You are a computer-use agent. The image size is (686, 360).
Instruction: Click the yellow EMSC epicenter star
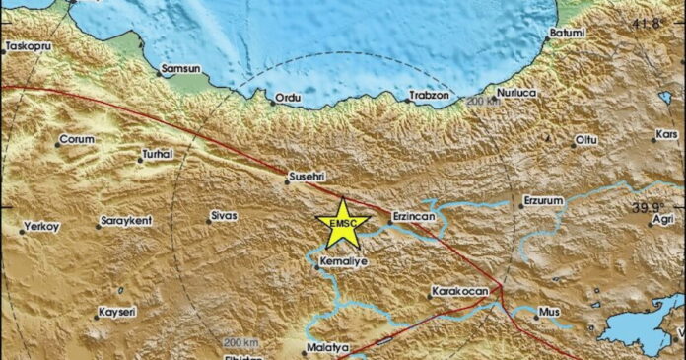coord(342,224)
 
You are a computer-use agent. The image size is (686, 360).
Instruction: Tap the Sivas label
coord(224,215)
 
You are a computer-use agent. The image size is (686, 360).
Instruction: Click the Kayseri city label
coord(116,312)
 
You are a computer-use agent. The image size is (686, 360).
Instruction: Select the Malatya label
coord(328,349)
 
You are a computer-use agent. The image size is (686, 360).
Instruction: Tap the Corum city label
coord(77,140)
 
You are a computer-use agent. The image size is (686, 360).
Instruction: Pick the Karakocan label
coord(459,292)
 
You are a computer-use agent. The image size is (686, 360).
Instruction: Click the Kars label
coord(667,133)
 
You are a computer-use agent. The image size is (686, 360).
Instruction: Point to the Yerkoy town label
coord(41,227)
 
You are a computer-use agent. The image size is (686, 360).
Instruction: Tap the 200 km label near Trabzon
coord(484,102)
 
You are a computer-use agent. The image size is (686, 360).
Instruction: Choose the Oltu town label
coord(586,141)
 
